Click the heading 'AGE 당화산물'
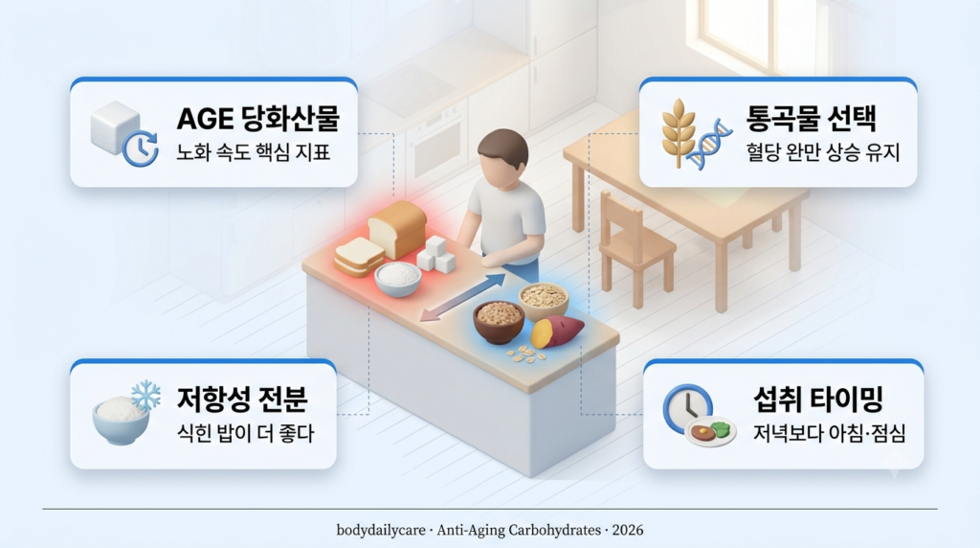[x=258, y=118]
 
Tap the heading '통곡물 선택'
[x=812, y=118]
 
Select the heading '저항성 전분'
[x=242, y=399]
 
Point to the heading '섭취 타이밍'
[x=818, y=399]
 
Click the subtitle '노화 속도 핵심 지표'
[x=253, y=152]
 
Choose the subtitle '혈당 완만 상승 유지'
[x=822, y=152]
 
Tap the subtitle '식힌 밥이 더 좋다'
[x=246, y=433]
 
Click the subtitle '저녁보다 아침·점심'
[x=830, y=433]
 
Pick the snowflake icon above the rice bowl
[x=145, y=396]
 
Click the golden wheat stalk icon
[x=679, y=132]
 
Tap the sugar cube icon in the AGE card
[x=115, y=127]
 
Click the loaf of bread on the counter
[x=397, y=229]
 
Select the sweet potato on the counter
[x=557, y=331]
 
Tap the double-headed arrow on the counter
[x=462, y=297]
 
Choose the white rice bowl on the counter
[x=398, y=279]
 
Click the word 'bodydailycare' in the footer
[x=381, y=531]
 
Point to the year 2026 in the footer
[x=628, y=531]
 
